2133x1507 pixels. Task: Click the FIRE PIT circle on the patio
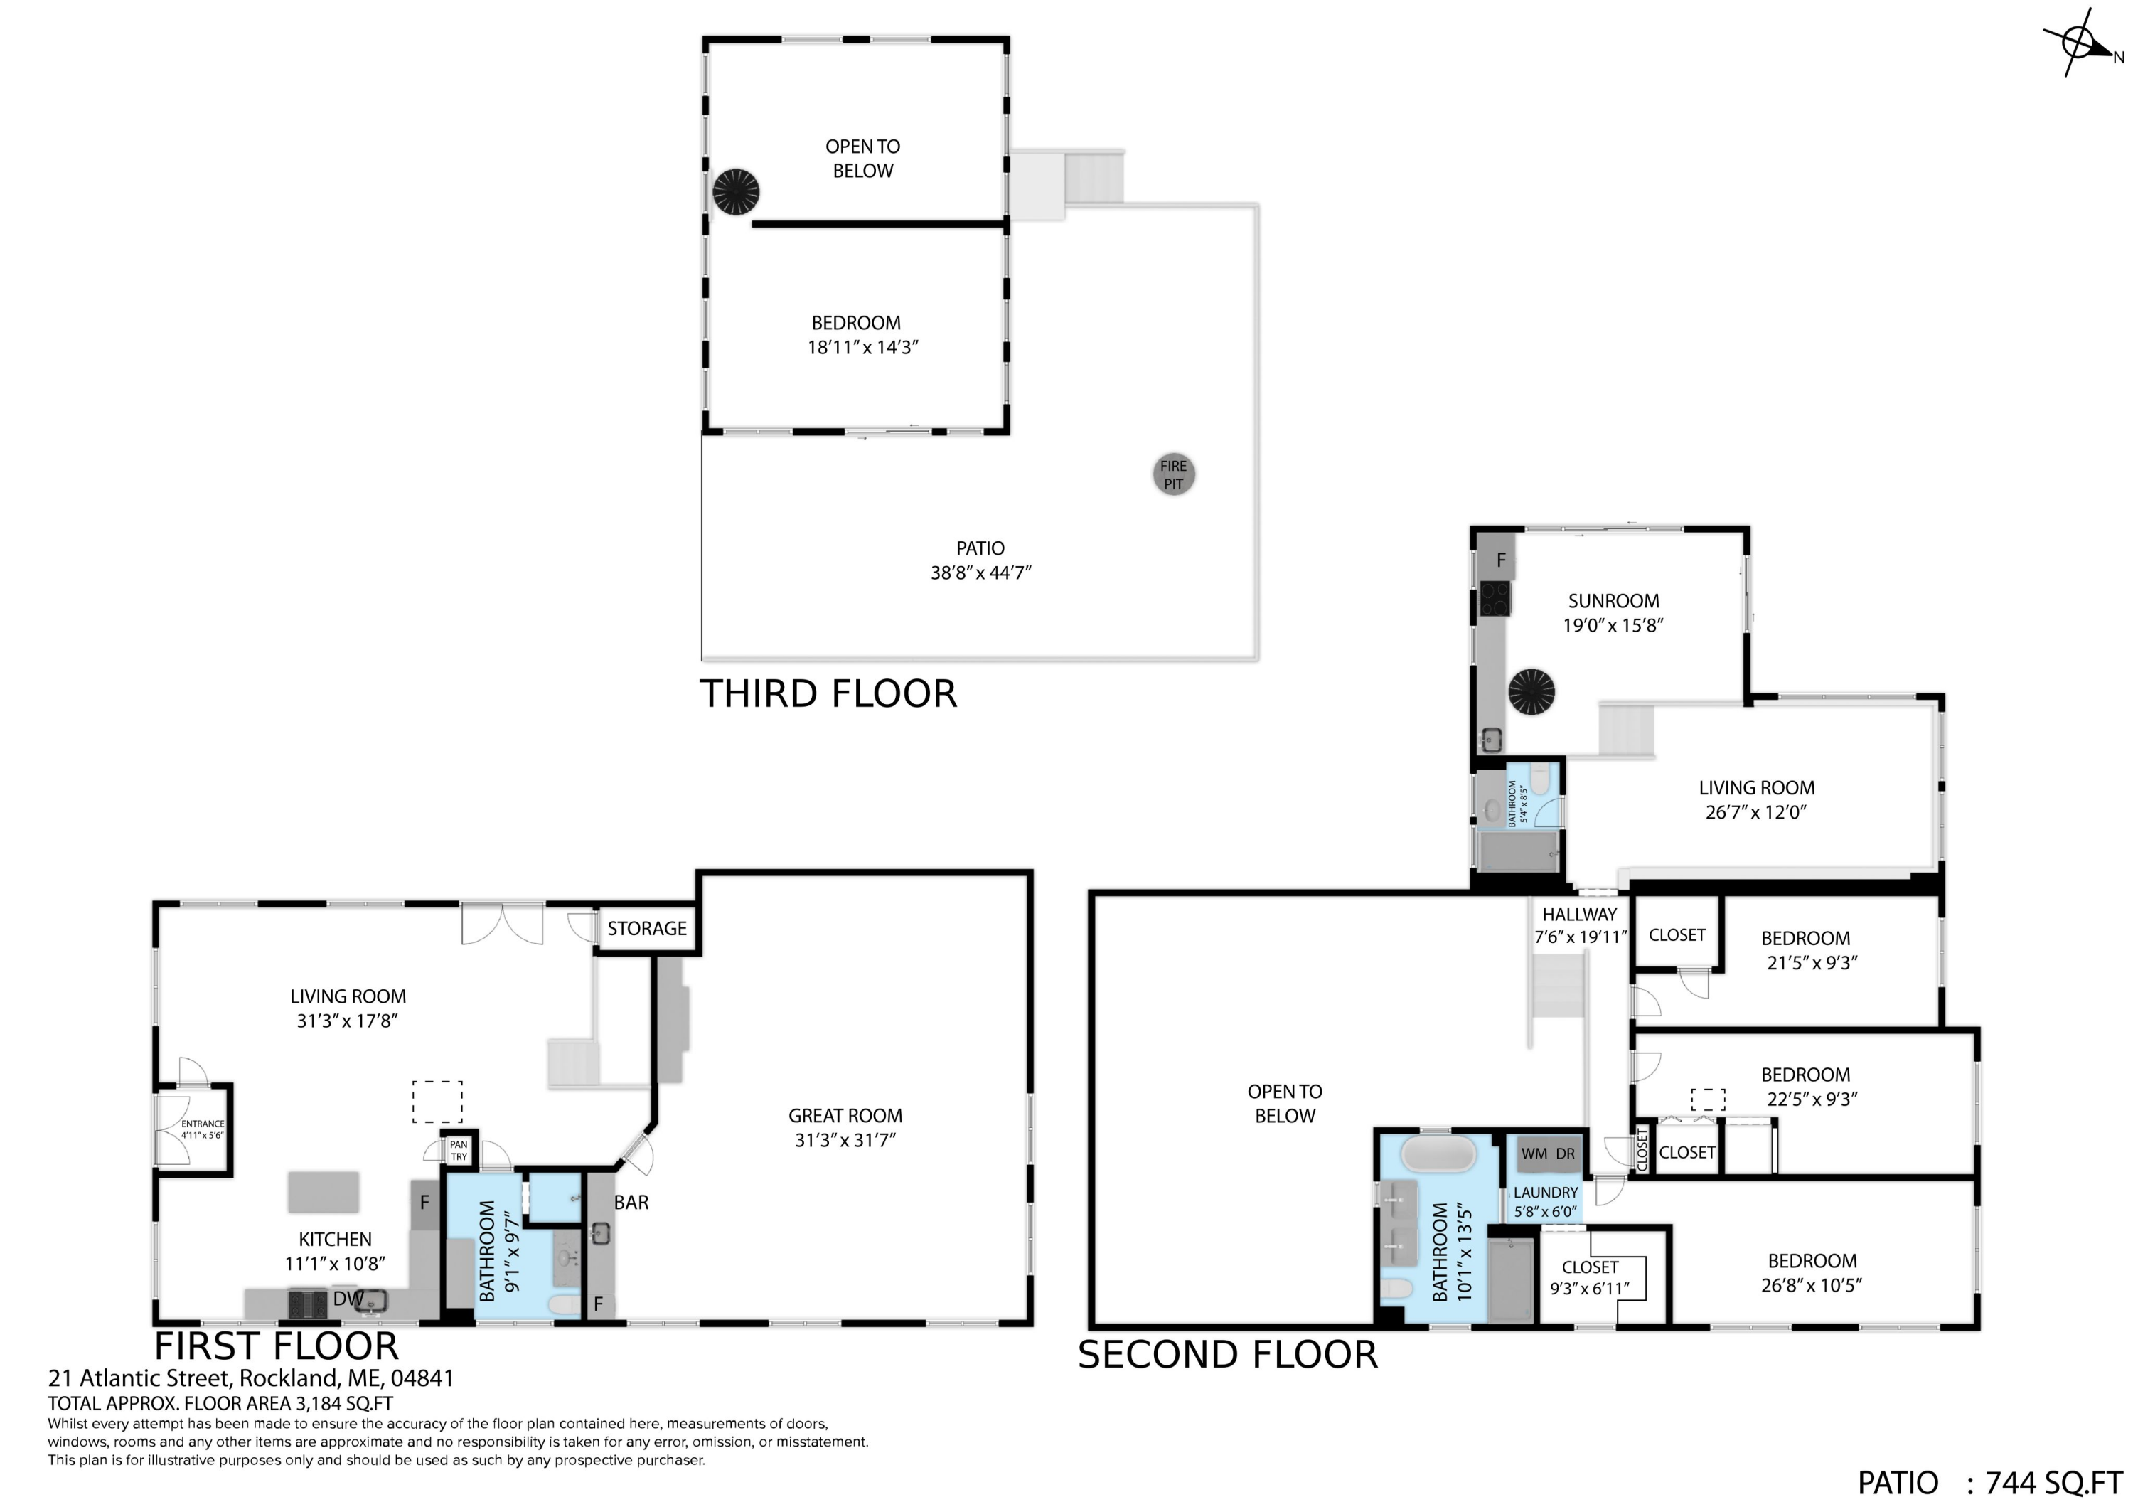[1173, 475]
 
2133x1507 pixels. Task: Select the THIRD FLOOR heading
[828, 694]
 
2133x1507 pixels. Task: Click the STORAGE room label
[646, 928]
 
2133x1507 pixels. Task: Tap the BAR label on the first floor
[631, 1202]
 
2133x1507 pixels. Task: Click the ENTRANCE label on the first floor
[203, 1123]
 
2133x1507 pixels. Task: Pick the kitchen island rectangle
[324, 1192]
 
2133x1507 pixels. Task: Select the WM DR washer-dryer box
[1548, 1155]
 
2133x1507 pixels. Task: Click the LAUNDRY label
[1546, 1192]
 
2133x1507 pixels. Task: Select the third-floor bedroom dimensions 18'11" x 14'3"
[863, 348]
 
